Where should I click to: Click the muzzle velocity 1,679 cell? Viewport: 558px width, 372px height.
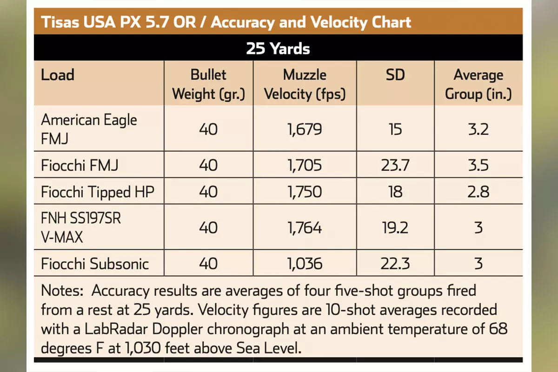tap(305, 129)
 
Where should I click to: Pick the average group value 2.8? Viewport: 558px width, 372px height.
tap(478, 192)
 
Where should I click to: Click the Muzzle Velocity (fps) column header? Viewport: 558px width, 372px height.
tap(305, 84)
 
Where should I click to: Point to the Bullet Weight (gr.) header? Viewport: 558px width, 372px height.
tap(208, 84)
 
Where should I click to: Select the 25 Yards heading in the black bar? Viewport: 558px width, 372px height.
tap(278, 48)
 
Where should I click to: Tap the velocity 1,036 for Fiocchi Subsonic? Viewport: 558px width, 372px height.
tap(305, 264)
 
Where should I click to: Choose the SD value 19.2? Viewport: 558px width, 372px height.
tap(395, 228)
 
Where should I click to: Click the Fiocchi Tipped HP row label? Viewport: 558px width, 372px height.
tap(97, 192)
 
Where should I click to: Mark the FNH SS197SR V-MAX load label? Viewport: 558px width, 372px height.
tap(81, 228)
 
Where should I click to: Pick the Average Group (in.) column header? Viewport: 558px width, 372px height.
tap(478, 84)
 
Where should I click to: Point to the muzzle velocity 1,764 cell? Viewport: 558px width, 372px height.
tap(305, 228)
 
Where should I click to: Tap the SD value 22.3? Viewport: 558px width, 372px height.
tap(395, 264)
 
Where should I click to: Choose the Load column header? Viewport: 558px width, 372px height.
tap(58, 75)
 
